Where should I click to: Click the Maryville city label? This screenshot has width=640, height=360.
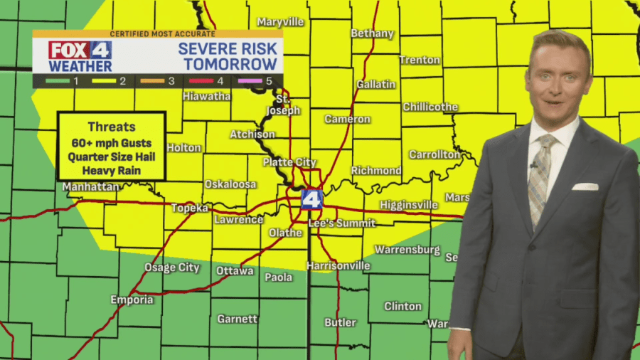click(280, 22)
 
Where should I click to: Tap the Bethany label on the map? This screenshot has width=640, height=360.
click(372, 33)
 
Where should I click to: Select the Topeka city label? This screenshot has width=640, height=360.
click(190, 208)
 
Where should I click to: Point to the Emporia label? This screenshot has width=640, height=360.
click(132, 300)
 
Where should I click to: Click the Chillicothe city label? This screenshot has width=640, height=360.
click(430, 107)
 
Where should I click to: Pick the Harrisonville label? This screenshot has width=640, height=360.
click(338, 265)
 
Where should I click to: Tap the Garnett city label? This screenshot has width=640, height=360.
click(238, 319)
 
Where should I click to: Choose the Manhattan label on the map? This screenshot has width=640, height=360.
click(90, 186)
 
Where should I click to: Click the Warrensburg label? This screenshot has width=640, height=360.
click(407, 250)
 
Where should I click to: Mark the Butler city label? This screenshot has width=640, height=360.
click(340, 322)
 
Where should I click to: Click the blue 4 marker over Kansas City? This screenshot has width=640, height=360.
click(311, 198)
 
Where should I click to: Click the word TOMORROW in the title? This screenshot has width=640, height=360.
click(230, 64)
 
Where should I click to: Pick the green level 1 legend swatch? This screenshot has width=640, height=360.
click(55, 81)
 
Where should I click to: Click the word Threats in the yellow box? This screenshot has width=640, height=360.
click(112, 127)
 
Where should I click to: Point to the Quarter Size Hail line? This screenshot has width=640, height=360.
click(112, 157)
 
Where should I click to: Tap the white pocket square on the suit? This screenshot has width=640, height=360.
click(585, 186)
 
